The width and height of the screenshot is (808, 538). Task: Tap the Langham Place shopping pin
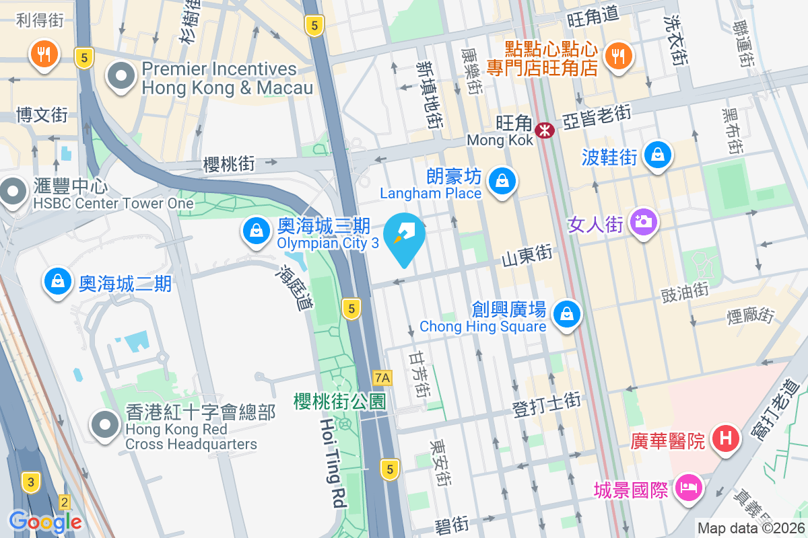click(x=502, y=181)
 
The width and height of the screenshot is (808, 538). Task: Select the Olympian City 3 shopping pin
click(x=257, y=231)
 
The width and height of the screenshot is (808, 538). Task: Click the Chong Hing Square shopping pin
click(x=567, y=314)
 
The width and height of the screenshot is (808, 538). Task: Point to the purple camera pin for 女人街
click(x=644, y=221)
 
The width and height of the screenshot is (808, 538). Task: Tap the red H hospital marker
click(x=726, y=439)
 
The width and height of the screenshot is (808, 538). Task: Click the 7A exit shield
click(x=382, y=378)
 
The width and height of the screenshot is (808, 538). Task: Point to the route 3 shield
click(x=30, y=482)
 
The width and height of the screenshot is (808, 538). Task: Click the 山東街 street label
click(x=527, y=254)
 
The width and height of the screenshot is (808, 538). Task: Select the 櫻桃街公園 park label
click(x=340, y=401)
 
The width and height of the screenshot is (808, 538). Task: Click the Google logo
click(x=45, y=521)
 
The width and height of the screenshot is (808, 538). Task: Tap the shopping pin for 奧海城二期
click(x=59, y=282)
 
